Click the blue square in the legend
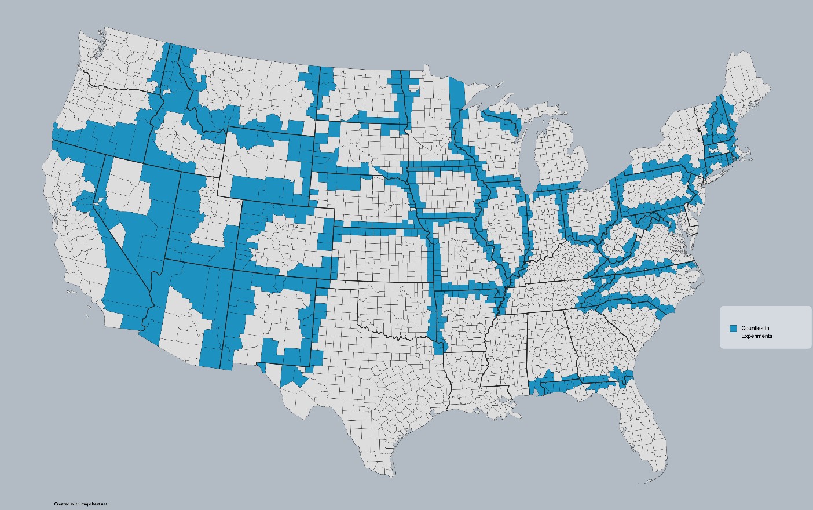733,329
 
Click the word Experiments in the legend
756,336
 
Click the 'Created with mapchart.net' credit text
80,504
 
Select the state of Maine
744,87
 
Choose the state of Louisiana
463,382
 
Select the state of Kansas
382,255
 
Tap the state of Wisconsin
486,145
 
